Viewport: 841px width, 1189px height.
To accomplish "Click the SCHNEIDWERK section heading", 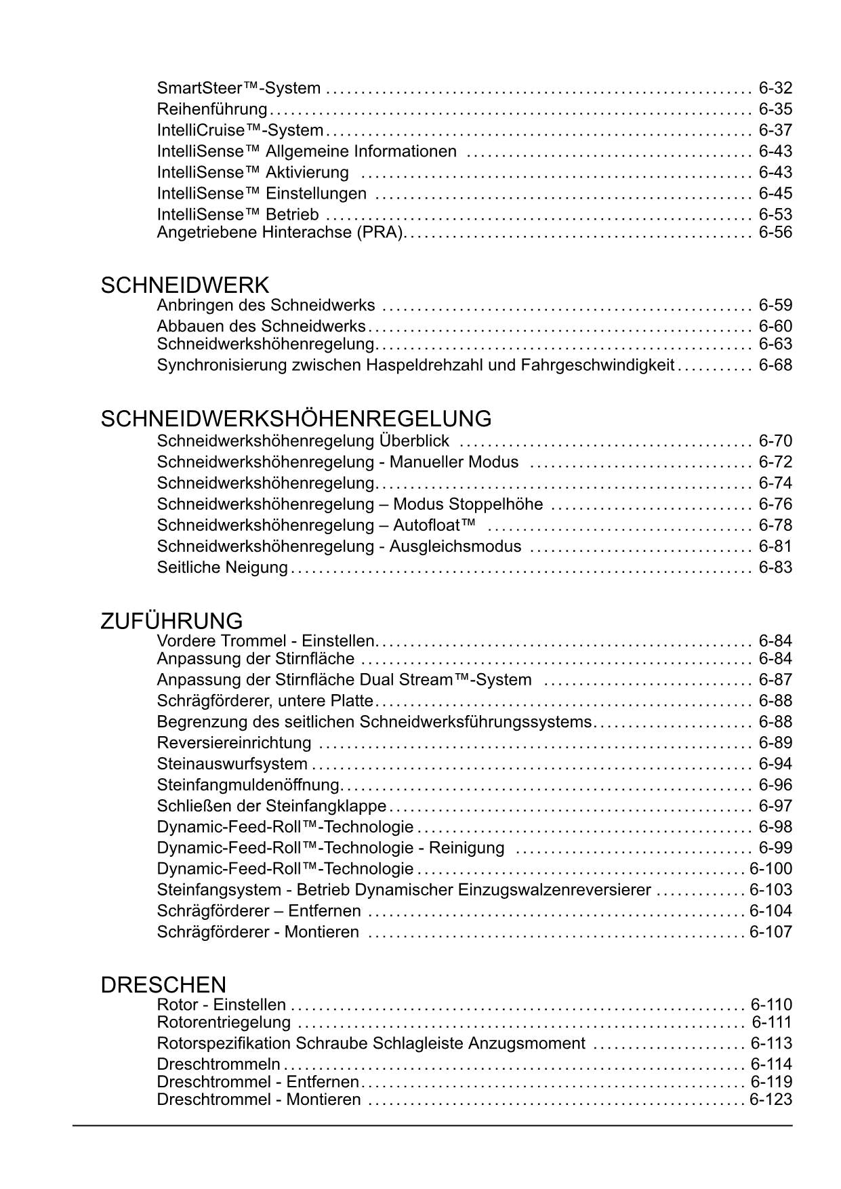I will pyautogui.click(x=184, y=285).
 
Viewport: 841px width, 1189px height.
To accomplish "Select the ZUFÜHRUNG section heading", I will pyautogui.click(x=171, y=621).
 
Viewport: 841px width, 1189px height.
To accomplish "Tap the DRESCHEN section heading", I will pyautogui.click(x=163, y=985).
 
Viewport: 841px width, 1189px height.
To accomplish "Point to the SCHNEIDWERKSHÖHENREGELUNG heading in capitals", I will pyautogui.click(x=296, y=419).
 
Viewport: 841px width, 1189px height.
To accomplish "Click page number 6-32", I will pyautogui.click(x=775, y=88).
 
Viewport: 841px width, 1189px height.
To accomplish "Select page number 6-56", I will pyautogui.click(x=775, y=233).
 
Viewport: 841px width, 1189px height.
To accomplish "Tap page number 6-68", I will pyautogui.click(x=775, y=365).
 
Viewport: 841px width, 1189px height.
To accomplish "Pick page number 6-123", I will pyautogui.click(x=771, y=1100).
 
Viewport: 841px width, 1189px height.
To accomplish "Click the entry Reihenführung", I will pyautogui.click(x=212, y=109).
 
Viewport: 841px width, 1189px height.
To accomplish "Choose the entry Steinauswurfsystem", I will pyautogui.click(x=232, y=764).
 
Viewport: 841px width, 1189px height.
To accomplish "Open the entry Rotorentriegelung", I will pyautogui.click(x=224, y=1022).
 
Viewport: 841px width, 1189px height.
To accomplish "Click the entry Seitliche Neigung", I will pyautogui.click(x=222, y=567).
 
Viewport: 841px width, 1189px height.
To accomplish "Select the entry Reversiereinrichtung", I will pyautogui.click(x=234, y=743).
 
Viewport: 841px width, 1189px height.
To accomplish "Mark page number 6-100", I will pyautogui.click(x=771, y=869).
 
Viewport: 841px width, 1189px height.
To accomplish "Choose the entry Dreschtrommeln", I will pyautogui.click(x=218, y=1064).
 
